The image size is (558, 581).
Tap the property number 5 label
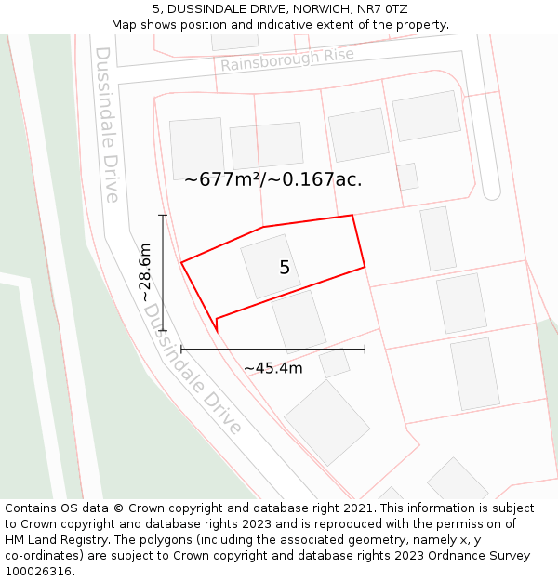click(285, 268)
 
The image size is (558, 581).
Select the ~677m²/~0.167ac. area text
click(272, 179)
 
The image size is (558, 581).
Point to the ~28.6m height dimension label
click(144, 271)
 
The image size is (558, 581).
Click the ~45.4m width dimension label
click(272, 368)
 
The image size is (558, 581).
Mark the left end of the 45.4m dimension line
click(181, 349)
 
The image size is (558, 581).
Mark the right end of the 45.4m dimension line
click(365, 349)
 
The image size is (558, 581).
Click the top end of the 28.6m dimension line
click(163, 216)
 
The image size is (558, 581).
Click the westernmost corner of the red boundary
click(181, 263)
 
